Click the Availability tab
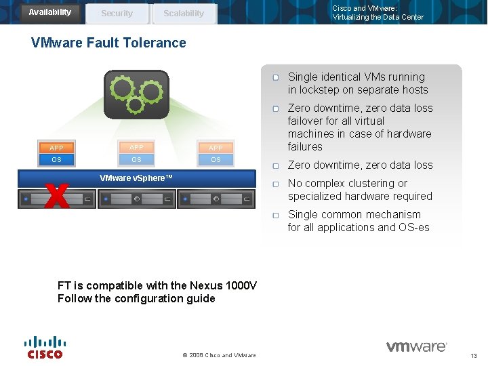click(49, 12)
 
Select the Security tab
click(117, 13)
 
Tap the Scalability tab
click(183, 13)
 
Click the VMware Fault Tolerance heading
click(108, 43)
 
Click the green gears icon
click(136, 94)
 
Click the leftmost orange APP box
click(56, 148)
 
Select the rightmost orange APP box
click(216, 148)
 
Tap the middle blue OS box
click(136, 160)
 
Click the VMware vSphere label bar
click(136, 178)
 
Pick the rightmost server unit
click(216, 199)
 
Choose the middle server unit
click(136, 199)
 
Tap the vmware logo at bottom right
click(416, 347)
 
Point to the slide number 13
click(473, 356)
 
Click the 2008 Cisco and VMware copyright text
click(219, 355)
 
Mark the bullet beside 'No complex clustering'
click(276, 184)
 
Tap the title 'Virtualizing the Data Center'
click(378, 18)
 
